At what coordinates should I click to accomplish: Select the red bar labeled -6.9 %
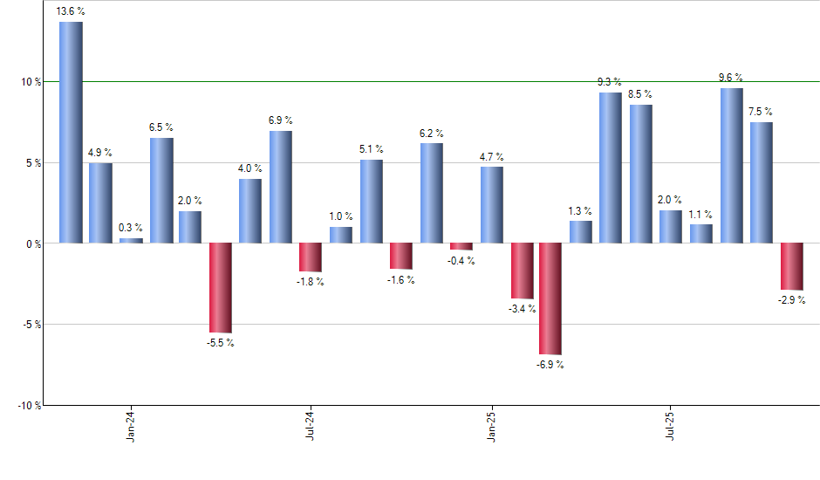coord(550,298)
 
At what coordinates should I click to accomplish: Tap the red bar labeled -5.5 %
coord(220,287)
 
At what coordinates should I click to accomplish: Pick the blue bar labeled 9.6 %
coord(732,166)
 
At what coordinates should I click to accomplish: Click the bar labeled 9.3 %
coord(611,168)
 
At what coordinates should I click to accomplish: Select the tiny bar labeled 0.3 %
coord(131,241)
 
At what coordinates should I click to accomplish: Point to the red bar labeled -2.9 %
coord(792,266)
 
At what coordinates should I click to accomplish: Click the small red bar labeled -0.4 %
coord(461,246)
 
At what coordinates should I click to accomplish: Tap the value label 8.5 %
coord(639,94)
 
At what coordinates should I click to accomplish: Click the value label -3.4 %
coord(522,309)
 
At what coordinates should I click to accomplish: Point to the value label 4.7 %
coord(491,157)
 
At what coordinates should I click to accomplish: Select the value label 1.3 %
coord(580,211)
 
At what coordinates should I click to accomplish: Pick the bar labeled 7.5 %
coord(762,182)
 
